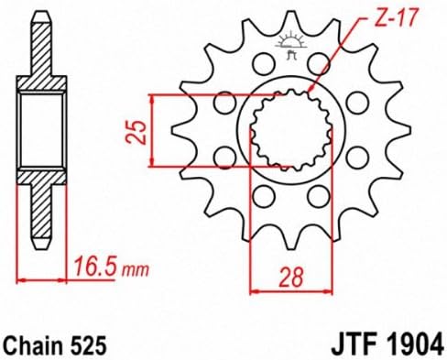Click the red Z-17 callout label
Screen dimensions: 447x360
click(395, 16)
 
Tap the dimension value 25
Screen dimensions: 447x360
click(136, 132)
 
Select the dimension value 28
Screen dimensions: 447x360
click(291, 277)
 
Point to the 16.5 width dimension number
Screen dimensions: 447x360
click(95, 267)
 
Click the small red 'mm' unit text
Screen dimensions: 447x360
click(136, 270)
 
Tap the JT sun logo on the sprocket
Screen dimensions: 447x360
click(290, 44)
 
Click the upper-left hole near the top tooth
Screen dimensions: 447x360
click(263, 63)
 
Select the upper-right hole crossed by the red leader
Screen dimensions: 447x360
click(318, 63)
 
